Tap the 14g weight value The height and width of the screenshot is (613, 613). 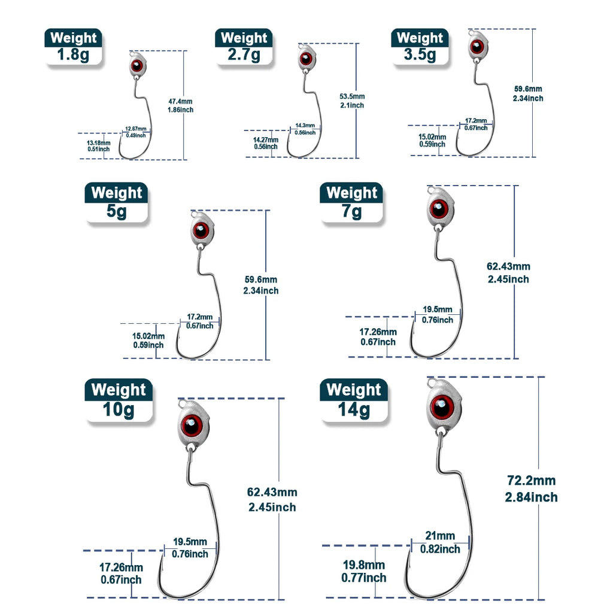[354, 410]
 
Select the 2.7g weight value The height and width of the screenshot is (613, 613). [244, 55]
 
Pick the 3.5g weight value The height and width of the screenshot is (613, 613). [420, 55]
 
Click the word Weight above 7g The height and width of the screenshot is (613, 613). [352, 193]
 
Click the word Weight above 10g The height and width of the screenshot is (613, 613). [119, 390]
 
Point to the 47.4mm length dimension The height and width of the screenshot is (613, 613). [181, 102]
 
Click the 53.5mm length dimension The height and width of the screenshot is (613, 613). [352, 96]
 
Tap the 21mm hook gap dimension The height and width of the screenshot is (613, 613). [440, 536]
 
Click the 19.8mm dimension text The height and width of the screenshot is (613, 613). [364, 565]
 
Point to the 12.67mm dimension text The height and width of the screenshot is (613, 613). [135, 129]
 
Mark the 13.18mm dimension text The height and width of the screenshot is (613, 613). [99, 143]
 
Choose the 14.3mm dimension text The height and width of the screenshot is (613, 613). [305, 126]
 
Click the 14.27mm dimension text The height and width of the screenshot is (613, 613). [265, 139]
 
